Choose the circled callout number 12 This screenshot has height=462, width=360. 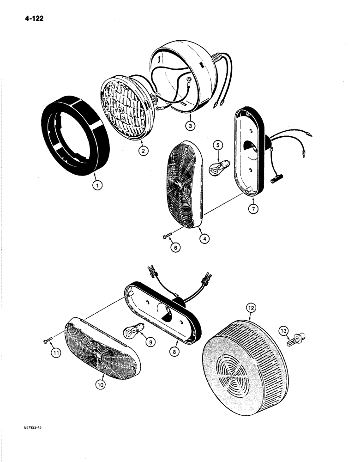click(x=249, y=307)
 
